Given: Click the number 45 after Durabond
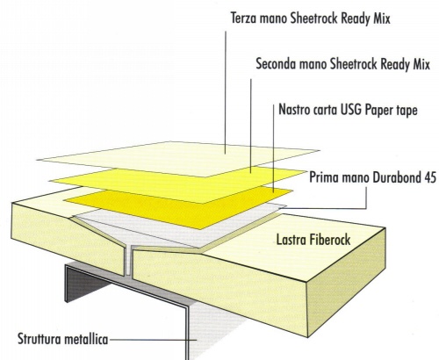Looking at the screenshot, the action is tap(430, 177).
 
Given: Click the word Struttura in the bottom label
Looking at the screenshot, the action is tap(40, 339).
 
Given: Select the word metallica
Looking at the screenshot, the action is tap(86, 339).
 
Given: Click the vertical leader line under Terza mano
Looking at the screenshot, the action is tap(226, 92).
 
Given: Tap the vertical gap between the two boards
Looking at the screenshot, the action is tap(128, 260).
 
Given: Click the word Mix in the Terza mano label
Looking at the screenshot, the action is tap(382, 18).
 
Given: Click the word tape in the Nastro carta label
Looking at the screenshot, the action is tap(407, 111).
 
